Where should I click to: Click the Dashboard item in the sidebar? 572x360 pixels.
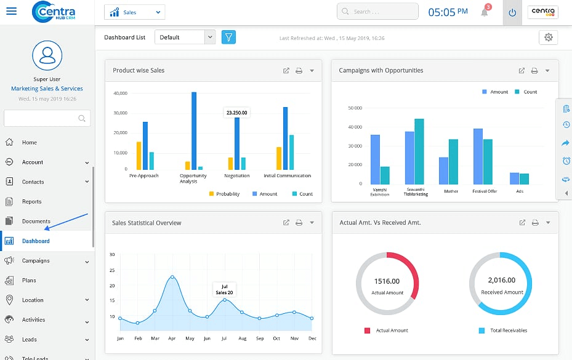[36, 241]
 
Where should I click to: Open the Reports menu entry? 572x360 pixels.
[32, 202]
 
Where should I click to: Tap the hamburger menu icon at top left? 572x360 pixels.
[11, 12]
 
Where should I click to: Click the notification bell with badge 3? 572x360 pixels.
[485, 12]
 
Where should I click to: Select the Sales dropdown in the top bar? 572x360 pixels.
[134, 12]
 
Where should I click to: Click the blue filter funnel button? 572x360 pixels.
[228, 38]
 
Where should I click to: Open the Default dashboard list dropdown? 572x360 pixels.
[185, 38]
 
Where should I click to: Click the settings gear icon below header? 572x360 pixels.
[548, 38]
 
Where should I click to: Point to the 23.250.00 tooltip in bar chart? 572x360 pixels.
[236, 113]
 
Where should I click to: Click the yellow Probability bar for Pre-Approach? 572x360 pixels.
[139, 156]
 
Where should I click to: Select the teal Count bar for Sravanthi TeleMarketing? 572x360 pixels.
[419, 151]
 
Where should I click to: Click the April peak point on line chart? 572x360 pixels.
[172, 277]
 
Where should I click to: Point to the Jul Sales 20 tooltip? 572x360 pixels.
[224, 290]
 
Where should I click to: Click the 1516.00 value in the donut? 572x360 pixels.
[387, 281]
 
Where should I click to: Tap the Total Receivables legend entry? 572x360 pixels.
[508, 330]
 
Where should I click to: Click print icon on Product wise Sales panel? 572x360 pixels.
[299, 71]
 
